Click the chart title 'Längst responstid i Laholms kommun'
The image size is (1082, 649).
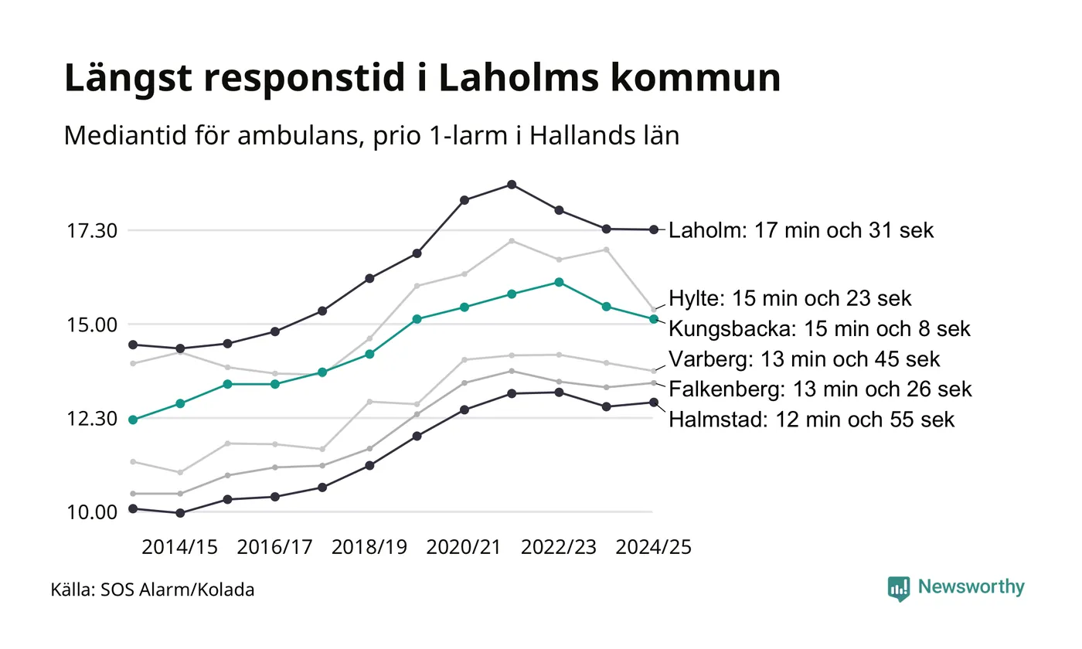click(x=422, y=78)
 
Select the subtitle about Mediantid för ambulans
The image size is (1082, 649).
click(x=371, y=136)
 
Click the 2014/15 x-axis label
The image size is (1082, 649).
click(x=180, y=547)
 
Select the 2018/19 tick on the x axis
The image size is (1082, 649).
click(x=369, y=547)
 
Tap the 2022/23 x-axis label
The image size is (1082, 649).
click(x=559, y=547)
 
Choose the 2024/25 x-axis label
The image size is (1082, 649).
click(x=653, y=547)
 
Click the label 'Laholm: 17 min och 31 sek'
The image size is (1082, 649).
click(x=801, y=230)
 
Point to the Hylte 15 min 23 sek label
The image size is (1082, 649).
click(x=790, y=298)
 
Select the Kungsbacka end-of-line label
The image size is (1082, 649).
click(x=819, y=328)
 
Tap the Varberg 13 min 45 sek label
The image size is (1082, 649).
click(x=805, y=359)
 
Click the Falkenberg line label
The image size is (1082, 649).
click(x=820, y=389)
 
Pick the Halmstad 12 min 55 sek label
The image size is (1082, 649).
click(x=811, y=420)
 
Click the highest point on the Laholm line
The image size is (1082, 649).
click(x=512, y=185)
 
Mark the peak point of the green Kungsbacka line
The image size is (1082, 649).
click(x=559, y=282)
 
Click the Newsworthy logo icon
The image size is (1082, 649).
click(x=899, y=589)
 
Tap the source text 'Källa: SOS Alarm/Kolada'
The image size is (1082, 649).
click(x=152, y=590)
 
